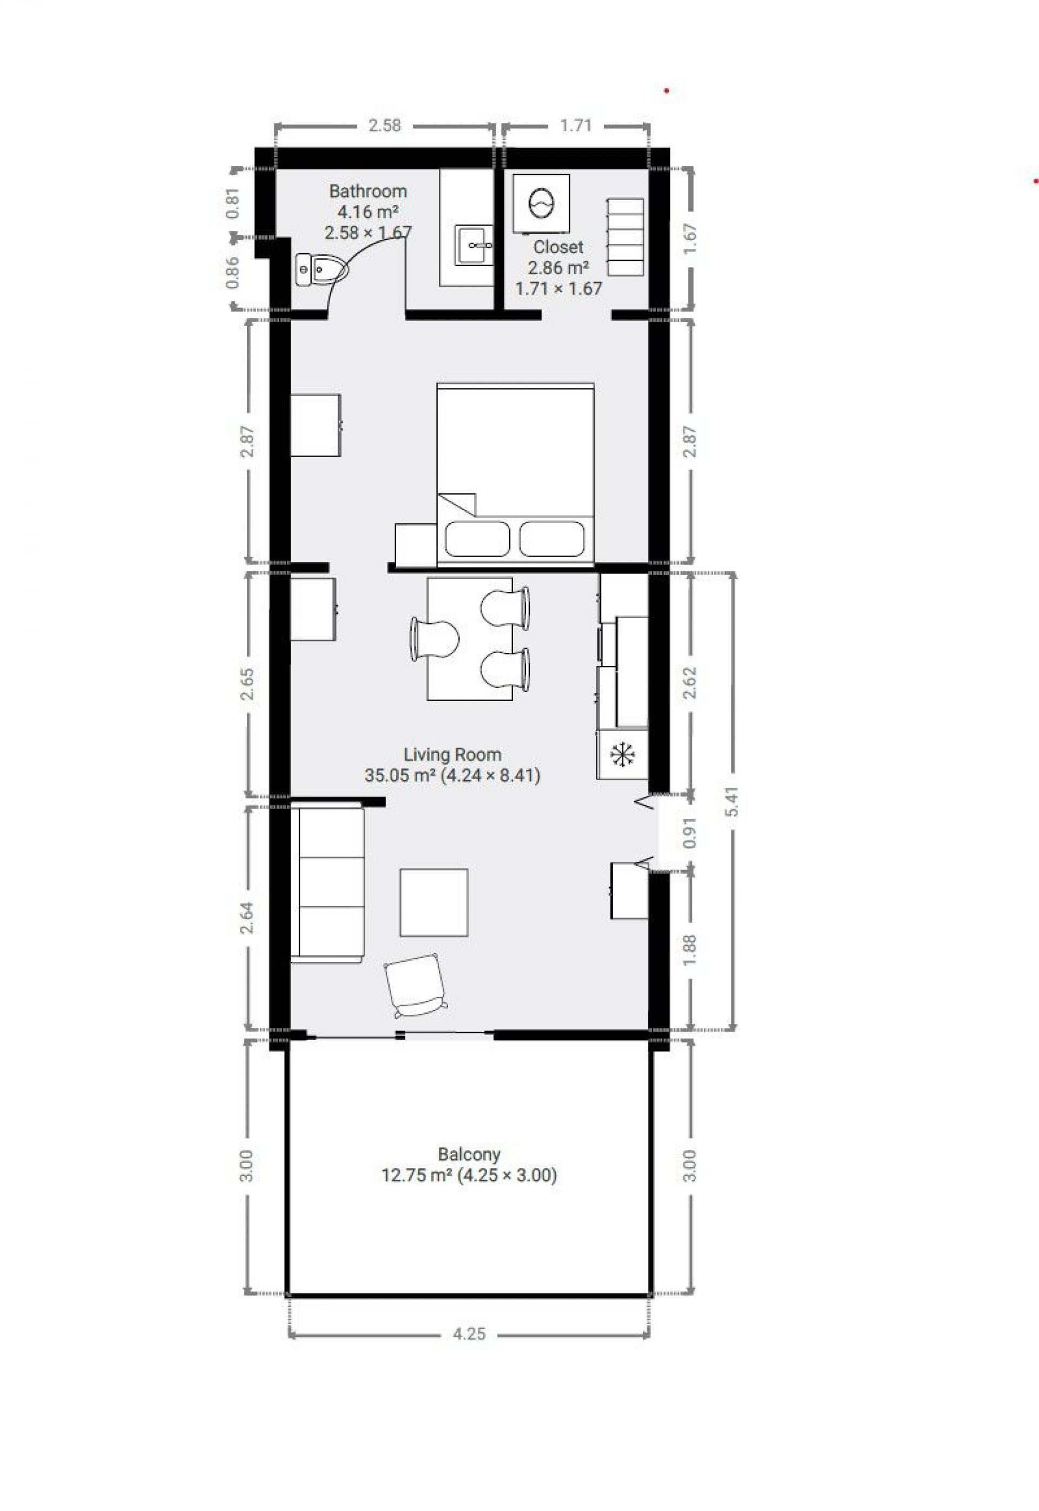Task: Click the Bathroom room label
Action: (368, 192)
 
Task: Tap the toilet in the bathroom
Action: (321, 269)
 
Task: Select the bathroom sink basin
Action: (474, 245)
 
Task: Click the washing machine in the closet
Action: (541, 203)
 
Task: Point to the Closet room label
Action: (558, 247)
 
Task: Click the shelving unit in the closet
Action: (626, 237)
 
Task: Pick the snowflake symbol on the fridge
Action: (622, 755)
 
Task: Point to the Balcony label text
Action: (469, 1155)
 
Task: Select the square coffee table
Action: (433, 902)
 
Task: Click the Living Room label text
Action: (452, 755)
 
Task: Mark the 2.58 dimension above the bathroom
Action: (385, 126)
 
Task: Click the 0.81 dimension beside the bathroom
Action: (233, 203)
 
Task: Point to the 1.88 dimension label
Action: (690, 952)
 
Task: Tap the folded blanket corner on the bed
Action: (457, 504)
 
